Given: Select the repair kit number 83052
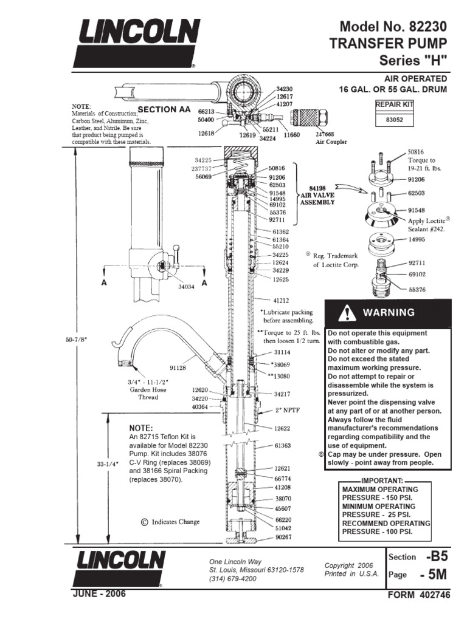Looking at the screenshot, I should [x=395, y=120].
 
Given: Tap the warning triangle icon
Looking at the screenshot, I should [x=348, y=313].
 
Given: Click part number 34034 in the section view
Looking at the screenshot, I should [x=187, y=286].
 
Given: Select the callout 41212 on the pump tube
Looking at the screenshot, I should [x=280, y=300].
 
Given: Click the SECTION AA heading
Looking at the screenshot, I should [x=161, y=109].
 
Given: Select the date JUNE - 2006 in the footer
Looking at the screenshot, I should [x=100, y=593].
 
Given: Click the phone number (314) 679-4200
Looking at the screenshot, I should [x=232, y=579].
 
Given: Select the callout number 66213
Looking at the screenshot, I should [x=207, y=112].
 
